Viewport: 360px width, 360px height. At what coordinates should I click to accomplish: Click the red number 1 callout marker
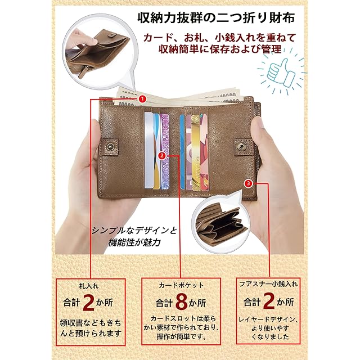click(x=142, y=99)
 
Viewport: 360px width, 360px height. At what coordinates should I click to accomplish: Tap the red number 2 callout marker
click(x=162, y=156)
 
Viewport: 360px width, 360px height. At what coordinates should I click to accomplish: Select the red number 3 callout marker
click(x=249, y=183)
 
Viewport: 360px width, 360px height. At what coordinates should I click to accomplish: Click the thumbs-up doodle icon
click(x=281, y=71)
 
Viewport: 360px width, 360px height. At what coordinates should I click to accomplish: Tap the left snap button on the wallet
click(x=111, y=146)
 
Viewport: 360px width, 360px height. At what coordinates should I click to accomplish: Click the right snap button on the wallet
click(x=241, y=146)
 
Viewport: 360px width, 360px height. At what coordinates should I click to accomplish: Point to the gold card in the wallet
click(x=196, y=152)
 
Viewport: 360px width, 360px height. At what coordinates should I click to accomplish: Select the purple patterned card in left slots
click(x=165, y=151)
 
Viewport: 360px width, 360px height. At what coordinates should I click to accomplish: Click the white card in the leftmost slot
click(x=148, y=150)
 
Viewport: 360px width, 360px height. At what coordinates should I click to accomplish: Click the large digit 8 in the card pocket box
click(x=182, y=302)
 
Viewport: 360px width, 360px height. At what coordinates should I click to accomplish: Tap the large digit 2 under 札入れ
click(x=88, y=302)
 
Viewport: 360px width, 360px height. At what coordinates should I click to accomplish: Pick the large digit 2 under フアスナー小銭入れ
click(x=269, y=301)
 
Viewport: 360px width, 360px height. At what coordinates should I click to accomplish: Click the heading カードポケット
click(x=181, y=285)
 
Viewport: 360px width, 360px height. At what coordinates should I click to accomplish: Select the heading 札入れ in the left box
click(x=89, y=286)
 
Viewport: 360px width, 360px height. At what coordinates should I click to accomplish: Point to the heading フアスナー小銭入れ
click(x=268, y=284)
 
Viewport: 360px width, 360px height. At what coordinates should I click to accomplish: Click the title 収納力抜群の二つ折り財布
click(x=216, y=17)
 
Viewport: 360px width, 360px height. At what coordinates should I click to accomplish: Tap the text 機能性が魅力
click(x=134, y=242)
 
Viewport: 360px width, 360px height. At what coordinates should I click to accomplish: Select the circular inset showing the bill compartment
click(x=100, y=52)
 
